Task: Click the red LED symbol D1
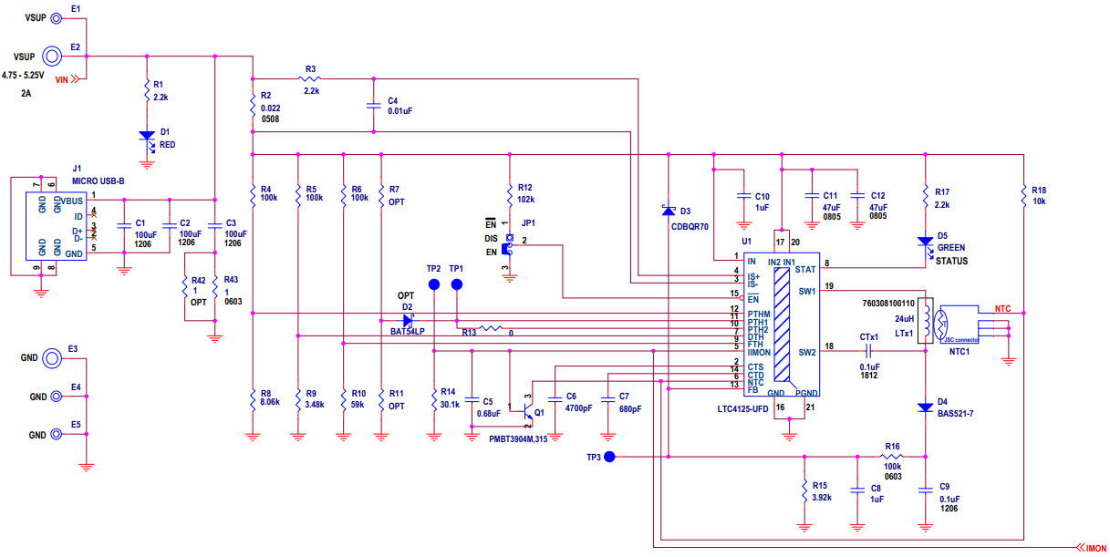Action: coord(146,136)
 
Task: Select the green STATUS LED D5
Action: coord(926,242)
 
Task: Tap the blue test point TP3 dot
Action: coord(611,456)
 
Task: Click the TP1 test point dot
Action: coord(458,284)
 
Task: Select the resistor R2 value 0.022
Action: coord(270,108)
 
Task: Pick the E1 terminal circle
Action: coord(56,18)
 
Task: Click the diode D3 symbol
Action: coord(669,211)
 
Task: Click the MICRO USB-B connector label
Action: coord(99,180)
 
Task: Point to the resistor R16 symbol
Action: coord(891,456)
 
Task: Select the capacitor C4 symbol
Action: coord(372,106)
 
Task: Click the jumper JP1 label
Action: coord(528,222)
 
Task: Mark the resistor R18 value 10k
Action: coord(1039,201)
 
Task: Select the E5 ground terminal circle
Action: coord(56,435)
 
